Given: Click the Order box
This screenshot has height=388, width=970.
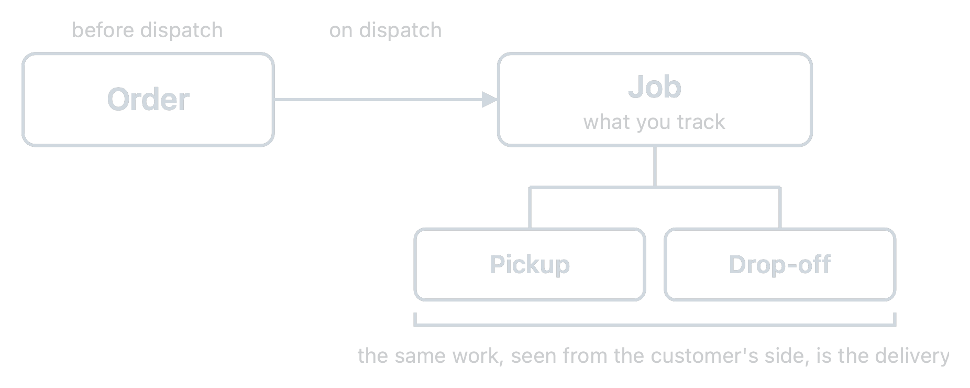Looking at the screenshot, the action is [x=148, y=99].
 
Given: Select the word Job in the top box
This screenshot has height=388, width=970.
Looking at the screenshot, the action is [x=655, y=87].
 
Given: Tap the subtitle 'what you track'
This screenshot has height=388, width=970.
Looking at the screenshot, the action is [x=654, y=122].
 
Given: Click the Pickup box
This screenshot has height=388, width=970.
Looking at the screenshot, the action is [x=530, y=264].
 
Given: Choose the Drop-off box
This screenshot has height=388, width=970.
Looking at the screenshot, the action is [x=780, y=264].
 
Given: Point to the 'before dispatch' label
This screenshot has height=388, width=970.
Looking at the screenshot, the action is [x=147, y=30].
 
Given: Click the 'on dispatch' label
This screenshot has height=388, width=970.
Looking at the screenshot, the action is [x=385, y=30].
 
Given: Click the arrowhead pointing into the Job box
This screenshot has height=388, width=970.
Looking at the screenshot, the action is [x=490, y=99].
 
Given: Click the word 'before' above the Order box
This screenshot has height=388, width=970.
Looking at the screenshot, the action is [x=103, y=30].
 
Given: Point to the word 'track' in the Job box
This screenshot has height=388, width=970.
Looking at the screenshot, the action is [x=701, y=122].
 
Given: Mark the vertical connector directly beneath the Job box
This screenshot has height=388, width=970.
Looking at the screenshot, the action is [x=655, y=167].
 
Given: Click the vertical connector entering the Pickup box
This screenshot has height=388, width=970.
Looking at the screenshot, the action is [x=530, y=208].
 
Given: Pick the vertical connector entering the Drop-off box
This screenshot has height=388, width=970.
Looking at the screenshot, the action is [x=780, y=208].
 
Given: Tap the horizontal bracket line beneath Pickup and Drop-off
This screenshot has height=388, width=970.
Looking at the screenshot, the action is [x=655, y=325].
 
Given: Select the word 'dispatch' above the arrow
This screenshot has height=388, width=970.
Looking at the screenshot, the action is [x=400, y=30].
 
